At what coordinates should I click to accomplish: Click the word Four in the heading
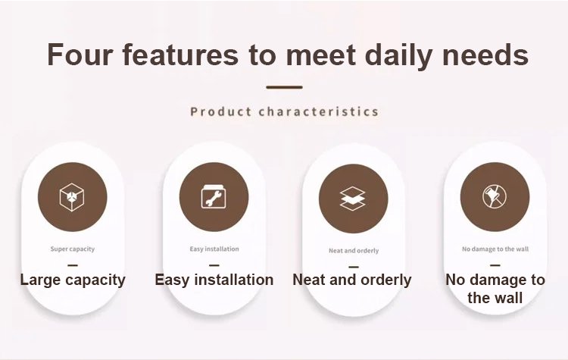coord(80,55)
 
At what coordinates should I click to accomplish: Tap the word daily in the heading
coord(398,56)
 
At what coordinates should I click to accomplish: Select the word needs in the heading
coord(485,55)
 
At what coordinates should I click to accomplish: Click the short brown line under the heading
coord(284,87)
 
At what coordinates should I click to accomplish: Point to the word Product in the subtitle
coord(220,111)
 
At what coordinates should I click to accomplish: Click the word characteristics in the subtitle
coord(319,111)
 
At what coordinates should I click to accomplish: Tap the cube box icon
coord(72,197)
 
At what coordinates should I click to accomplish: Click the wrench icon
coord(214,197)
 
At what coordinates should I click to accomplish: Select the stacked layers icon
coord(353,199)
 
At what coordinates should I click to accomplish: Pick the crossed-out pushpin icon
coord(495,196)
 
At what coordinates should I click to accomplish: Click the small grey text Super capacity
coord(73,249)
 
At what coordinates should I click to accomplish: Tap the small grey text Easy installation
coord(214,249)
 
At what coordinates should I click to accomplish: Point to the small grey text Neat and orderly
coord(354,251)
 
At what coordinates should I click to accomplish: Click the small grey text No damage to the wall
coord(495,249)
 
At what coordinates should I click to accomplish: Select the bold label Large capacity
coord(73,280)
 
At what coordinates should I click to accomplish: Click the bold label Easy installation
coord(214,280)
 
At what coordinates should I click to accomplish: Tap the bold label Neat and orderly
coord(351,280)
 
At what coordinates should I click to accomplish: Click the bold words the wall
coord(495,298)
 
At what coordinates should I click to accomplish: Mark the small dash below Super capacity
coord(73,265)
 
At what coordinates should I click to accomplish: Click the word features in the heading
coord(180,55)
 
